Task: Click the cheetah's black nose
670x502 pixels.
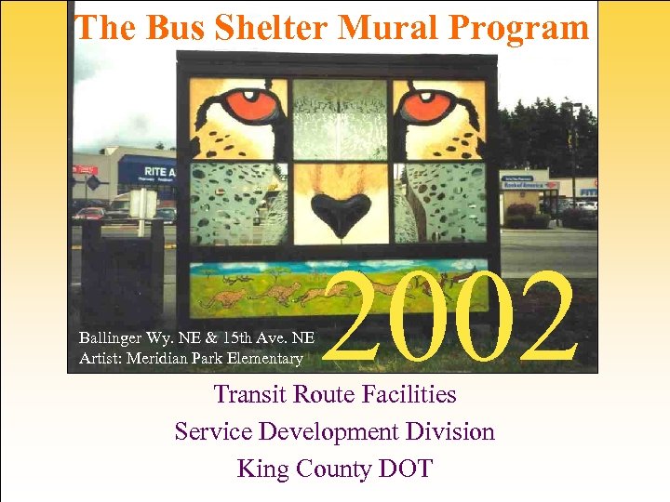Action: [339, 211]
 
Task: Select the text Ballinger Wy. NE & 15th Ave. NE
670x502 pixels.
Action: [196, 339]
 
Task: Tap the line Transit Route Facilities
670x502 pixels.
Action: [335, 394]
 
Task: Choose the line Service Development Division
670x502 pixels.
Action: [335, 431]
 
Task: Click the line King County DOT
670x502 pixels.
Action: [335, 469]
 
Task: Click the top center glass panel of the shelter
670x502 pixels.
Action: [340, 118]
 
